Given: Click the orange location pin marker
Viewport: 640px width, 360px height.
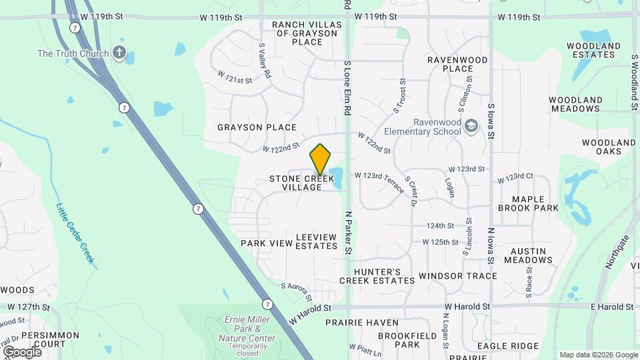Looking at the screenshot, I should (x=321, y=159).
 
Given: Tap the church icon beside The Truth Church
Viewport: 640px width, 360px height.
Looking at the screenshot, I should (x=119, y=53).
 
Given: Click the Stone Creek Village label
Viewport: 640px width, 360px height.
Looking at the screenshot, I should (x=296, y=183).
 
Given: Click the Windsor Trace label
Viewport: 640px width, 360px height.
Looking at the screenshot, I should (x=457, y=276).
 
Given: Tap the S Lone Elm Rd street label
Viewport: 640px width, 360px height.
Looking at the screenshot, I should (x=347, y=87).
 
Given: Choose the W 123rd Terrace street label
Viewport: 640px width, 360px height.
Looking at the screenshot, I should (x=379, y=183).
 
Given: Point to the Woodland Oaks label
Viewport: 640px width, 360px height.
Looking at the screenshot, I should (x=608, y=147).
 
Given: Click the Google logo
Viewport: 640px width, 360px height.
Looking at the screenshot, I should (x=22, y=352).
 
